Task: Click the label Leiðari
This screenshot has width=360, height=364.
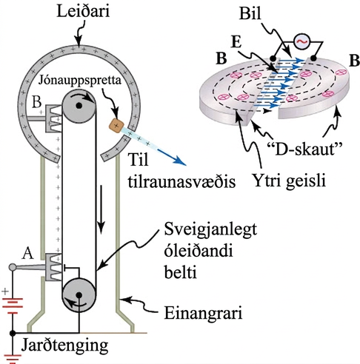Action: (83, 11)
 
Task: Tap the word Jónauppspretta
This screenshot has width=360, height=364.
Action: (80, 81)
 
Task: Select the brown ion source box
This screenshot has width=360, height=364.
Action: (116, 126)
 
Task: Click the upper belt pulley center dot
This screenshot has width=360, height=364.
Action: (79, 106)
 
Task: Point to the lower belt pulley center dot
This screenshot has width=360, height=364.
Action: (79, 295)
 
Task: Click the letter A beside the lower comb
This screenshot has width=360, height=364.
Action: (27, 254)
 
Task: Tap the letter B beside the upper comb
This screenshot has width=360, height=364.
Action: (36, 101)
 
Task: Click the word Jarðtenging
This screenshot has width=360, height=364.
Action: (64, 346)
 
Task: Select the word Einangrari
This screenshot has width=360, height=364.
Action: (203, 313)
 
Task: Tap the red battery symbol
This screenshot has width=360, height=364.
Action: (13, 306)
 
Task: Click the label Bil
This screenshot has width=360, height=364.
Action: (250, 13)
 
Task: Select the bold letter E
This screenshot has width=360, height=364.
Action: (236, 42)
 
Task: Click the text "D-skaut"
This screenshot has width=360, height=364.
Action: (305, 149)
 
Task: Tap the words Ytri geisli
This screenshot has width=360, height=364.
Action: (289, 181)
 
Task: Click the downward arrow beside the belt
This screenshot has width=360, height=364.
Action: (101, 209)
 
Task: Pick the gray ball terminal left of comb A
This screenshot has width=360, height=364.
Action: (13, 267)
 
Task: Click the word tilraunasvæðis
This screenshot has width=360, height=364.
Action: (181, 182)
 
